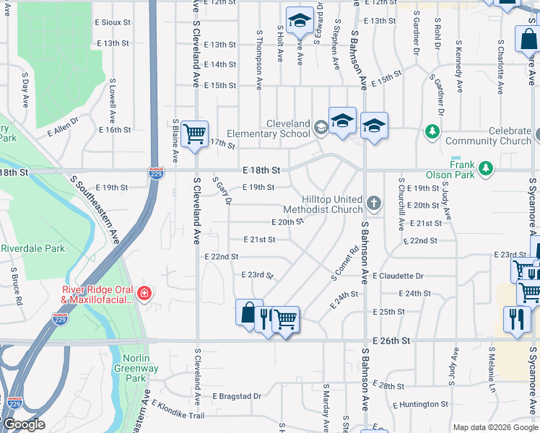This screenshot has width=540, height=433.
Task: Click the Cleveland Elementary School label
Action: point(269,128)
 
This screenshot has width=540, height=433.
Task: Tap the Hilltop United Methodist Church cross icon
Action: point(373,203)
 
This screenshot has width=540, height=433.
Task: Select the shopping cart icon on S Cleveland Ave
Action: point(195,134)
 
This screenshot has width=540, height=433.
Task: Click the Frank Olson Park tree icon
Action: point(487,169)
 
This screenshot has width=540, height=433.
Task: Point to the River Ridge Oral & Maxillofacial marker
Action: point(144,293)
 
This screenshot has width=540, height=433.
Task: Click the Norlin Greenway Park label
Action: point(136,368)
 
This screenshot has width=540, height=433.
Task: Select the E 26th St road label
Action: point(391,340)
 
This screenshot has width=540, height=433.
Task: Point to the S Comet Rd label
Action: point(344,264)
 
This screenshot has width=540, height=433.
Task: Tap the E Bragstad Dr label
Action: point(236,396)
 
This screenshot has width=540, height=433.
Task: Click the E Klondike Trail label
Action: point(178,414)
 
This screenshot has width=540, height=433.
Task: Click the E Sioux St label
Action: point(113,22)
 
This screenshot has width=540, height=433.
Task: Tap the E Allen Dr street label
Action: point(61,131)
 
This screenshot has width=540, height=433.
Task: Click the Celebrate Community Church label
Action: point(489,136)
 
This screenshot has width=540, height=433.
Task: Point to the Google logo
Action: point(23,424)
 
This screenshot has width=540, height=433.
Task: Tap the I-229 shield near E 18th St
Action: point(154,173)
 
